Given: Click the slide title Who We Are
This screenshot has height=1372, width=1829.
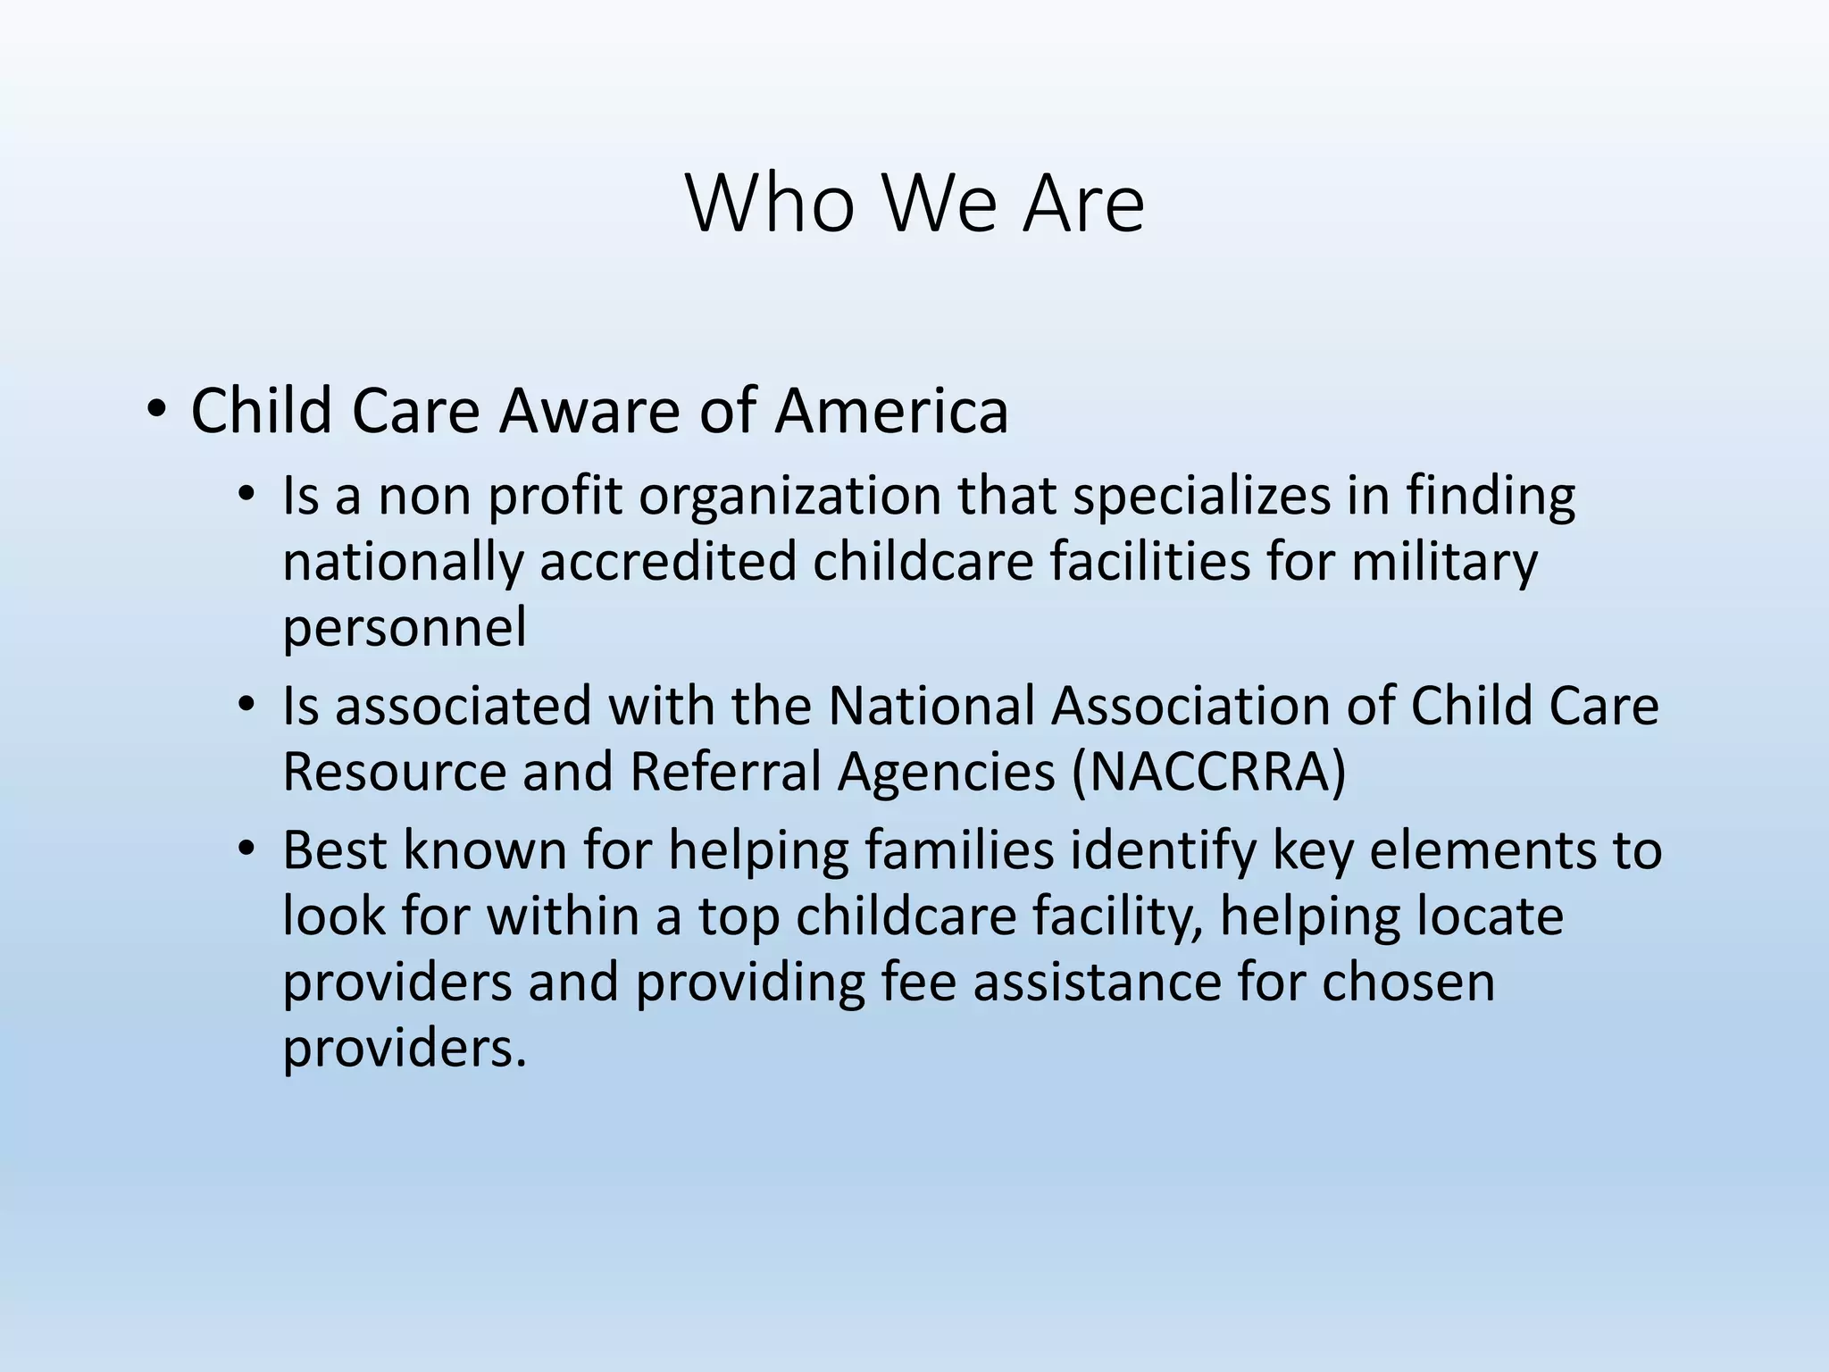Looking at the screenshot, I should pyautogui.click(x=914, y=204).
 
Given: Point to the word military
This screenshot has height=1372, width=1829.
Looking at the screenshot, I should pyautogui.click(x=1444, y=562).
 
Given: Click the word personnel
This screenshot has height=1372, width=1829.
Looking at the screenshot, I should pyautogui.click(x=404, y=628).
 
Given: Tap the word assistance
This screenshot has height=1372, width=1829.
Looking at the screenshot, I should pyautogui.click(x=1096, y=982).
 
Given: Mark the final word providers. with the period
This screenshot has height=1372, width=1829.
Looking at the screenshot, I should pyautogui.click(x=405, y=1049).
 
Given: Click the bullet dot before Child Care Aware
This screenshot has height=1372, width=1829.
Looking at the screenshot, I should pyautogui.click(x=156, y=412).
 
